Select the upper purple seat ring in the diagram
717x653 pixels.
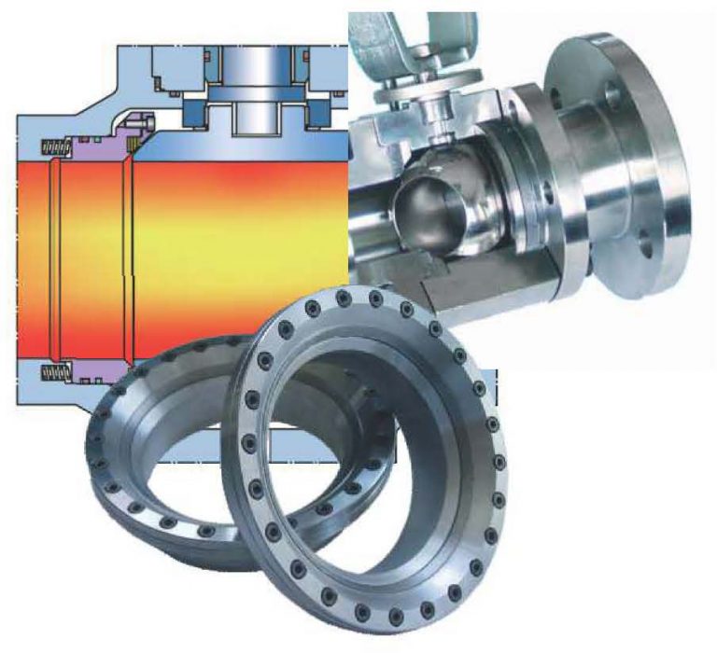coord(93,145)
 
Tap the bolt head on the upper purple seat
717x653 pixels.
coord(138,122)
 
